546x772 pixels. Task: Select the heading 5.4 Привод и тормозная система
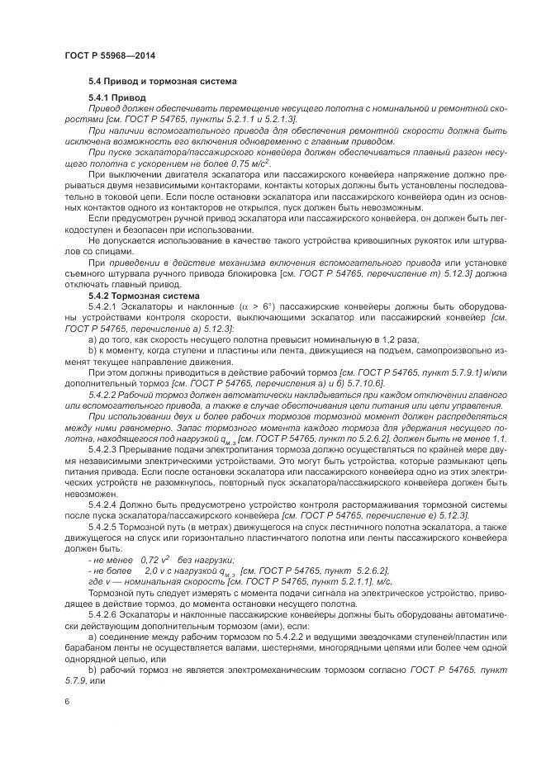pyautogui.click(x=162, y=83)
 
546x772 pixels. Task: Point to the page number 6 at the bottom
pyautogui.click(x=66, y=700)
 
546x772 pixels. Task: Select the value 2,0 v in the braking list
pyautogui.click(x=152, y=570)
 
